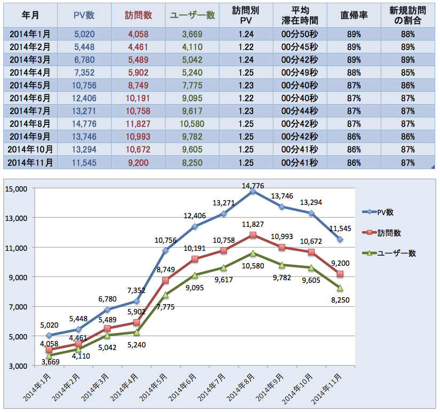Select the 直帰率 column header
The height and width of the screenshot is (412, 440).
351,15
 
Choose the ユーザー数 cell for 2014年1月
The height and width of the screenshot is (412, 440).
192,34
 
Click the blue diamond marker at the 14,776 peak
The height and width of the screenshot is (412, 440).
253,191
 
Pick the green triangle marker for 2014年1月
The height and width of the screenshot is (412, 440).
50,355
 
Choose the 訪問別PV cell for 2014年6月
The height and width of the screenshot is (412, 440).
244,99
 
